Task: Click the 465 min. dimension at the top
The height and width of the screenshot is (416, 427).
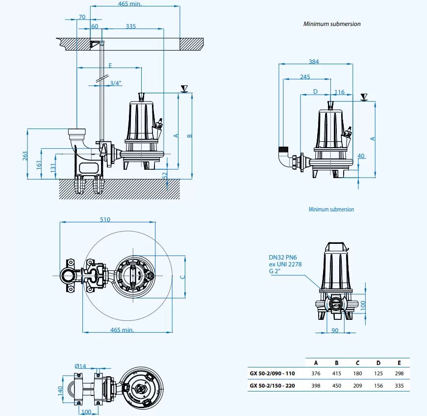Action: point(130,4)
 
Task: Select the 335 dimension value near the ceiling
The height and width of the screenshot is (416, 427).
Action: point(130,26)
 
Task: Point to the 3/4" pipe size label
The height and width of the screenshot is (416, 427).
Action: point(116,83)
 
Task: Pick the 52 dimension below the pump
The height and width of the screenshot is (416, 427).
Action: point(165,175)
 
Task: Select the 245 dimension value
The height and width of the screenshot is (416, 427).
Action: point(305,77)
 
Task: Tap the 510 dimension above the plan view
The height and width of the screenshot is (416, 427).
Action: point(105,220)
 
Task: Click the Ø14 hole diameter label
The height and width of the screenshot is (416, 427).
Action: point(80,366)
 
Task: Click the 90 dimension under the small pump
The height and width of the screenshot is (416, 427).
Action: point(335,330)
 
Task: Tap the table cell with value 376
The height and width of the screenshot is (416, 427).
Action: point(316,374)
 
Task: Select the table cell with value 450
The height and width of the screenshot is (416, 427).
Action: point(337,386)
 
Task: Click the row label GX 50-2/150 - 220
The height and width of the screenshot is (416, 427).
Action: point(273,386)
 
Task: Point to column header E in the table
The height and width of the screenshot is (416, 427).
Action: point(399,363)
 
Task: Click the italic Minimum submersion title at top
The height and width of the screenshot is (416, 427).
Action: point(332,24)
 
